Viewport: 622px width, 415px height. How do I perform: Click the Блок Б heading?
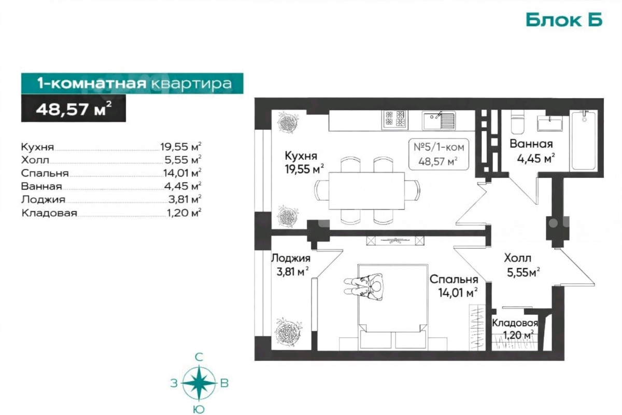564,20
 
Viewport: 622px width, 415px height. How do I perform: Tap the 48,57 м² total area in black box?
74,108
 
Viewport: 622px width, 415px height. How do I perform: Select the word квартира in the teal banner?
192,84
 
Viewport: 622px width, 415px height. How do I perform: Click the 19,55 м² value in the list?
180,146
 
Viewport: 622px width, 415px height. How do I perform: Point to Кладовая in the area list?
49,213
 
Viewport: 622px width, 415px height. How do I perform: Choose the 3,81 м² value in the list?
185,199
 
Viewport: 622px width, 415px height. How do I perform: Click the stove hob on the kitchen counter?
394,120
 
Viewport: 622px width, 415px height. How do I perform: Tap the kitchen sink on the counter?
439,120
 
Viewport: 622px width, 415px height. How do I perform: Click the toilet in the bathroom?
518,122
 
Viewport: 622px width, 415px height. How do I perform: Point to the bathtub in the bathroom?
584,141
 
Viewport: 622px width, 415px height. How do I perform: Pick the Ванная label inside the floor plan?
531,144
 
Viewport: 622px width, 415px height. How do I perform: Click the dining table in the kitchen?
367,191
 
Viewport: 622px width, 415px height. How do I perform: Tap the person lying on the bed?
364,286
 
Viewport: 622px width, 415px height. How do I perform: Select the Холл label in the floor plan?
518,258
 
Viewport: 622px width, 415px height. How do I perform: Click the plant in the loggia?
288,332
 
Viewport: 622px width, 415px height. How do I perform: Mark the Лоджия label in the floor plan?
291,258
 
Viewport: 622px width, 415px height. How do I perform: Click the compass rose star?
199,383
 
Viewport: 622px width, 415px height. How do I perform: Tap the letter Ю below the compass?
199,409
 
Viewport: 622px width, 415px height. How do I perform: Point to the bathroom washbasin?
550,123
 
